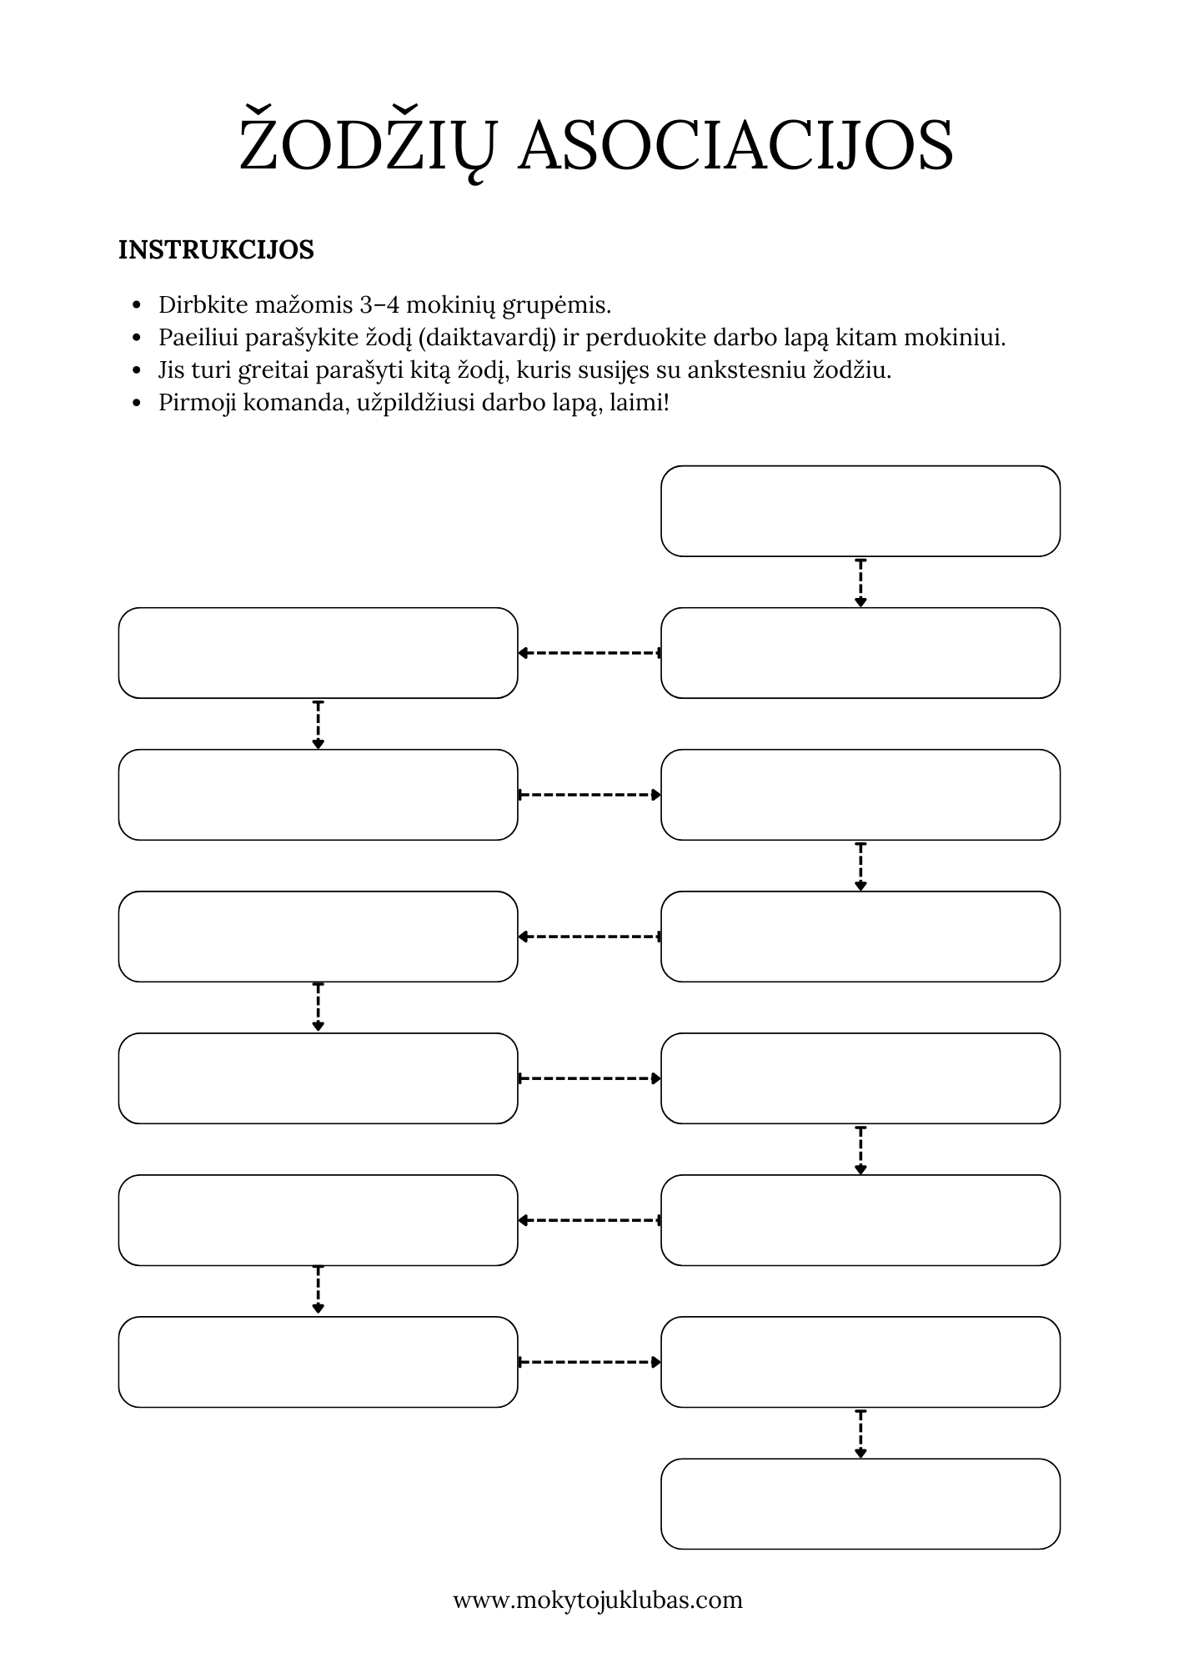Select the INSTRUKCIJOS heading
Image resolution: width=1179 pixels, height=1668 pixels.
pyautogui.click(x=216, y=250)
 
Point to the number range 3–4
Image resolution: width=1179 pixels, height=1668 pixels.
pyautogui.click(x=380, y=305)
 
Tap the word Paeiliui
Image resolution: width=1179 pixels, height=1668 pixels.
pyautogui.click(x=198, y=339)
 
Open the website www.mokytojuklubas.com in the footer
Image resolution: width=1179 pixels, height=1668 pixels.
pyautogui.click(x=598, y=1600)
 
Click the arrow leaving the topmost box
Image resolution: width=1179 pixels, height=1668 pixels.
pyautogui.click(x=860, y=582)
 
